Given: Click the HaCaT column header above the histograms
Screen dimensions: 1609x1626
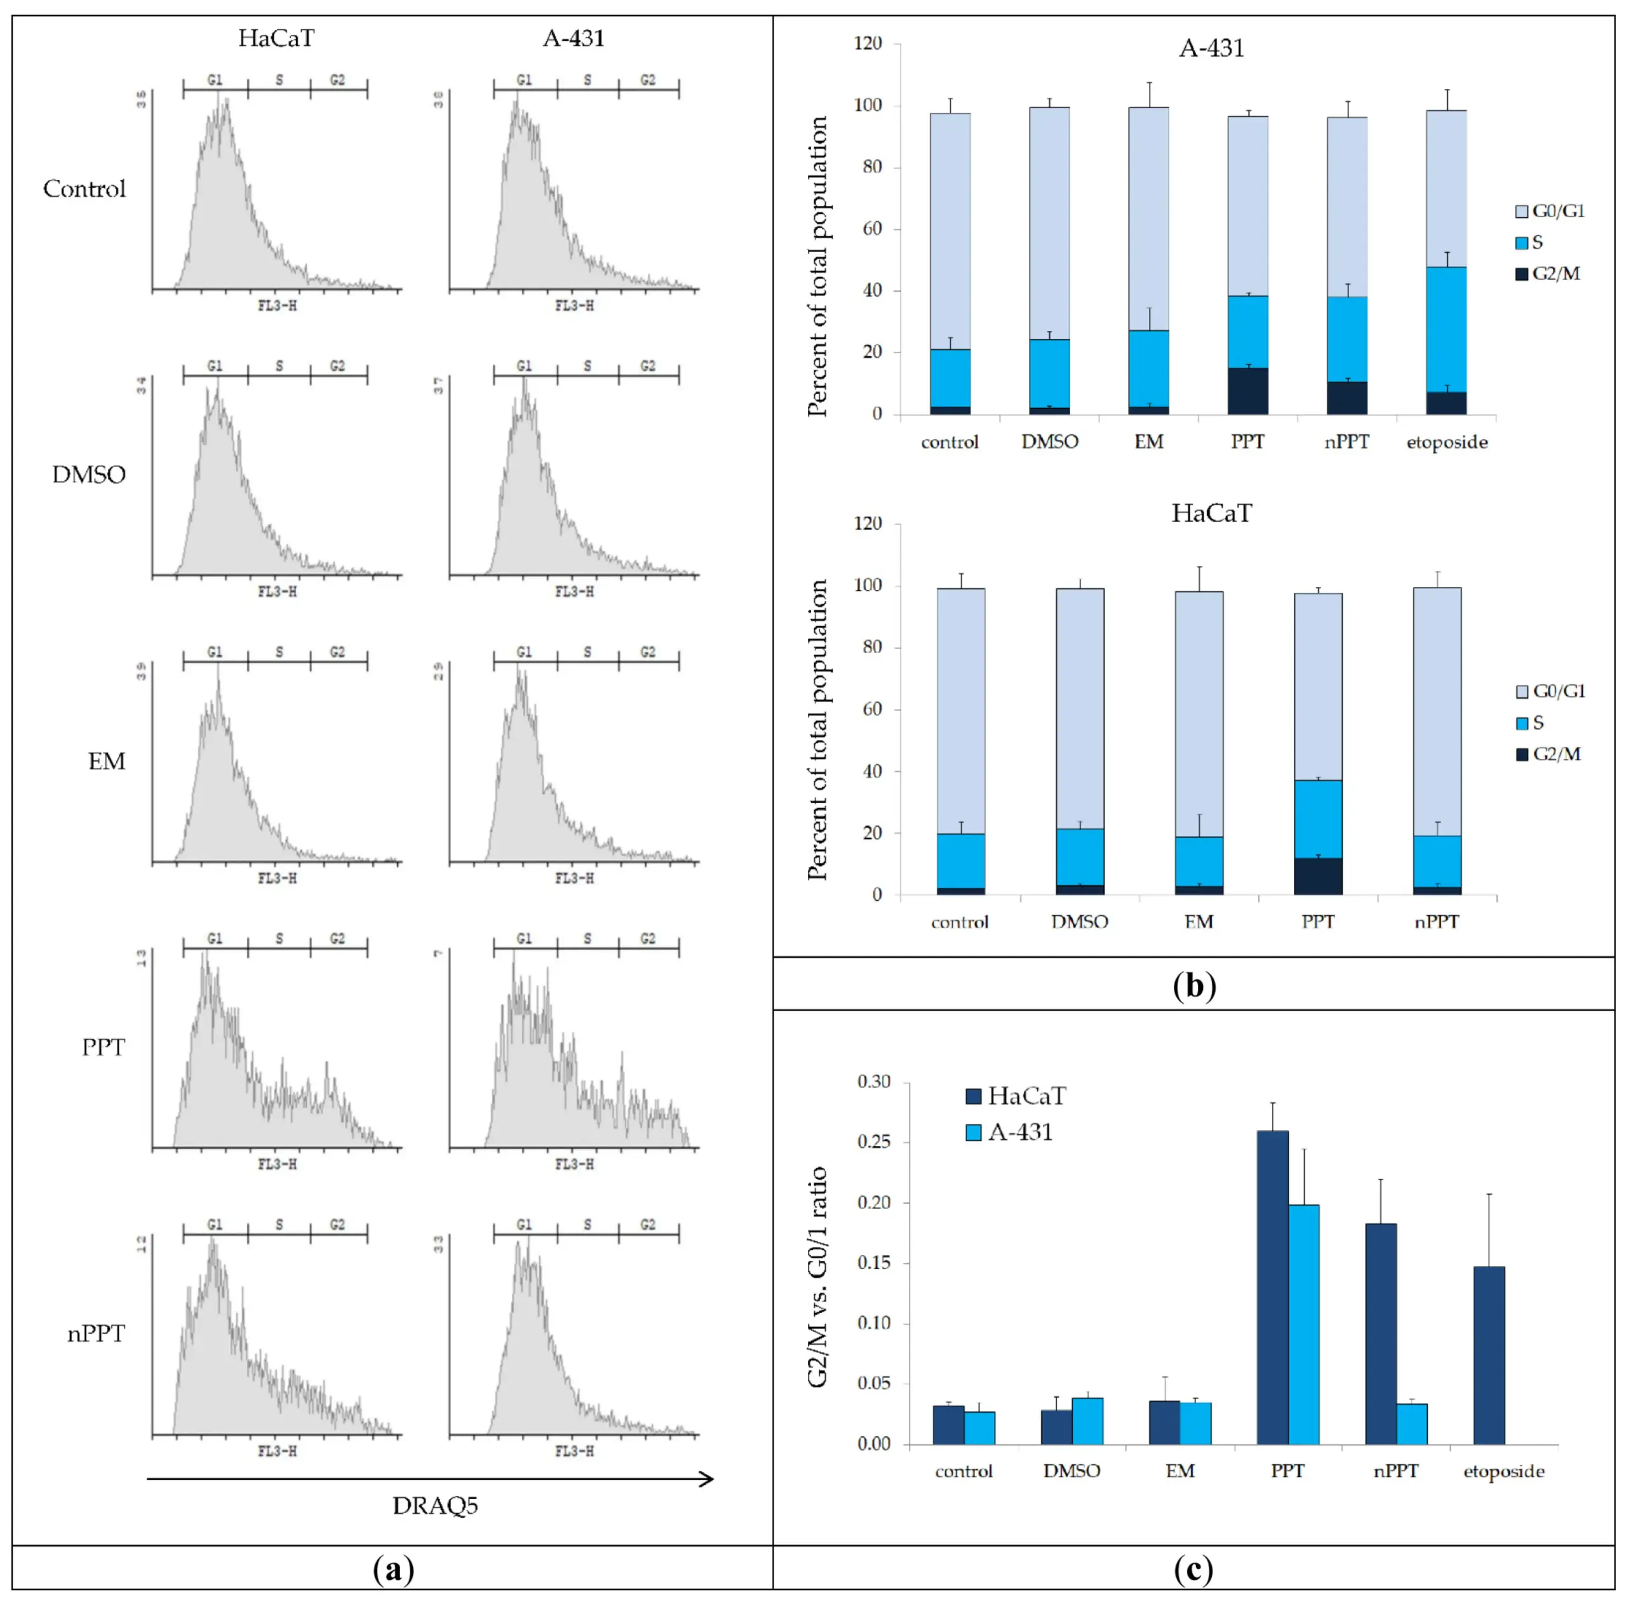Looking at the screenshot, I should tap(276, 39).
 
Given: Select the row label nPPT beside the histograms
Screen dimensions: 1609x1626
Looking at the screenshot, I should tap(96, 1334).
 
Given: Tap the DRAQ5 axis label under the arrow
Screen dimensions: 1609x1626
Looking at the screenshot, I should tap(434, 1505).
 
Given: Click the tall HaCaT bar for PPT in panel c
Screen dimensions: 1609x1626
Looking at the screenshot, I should tap(1272, 1288).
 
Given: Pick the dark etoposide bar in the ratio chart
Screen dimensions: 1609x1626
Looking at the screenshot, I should tap(1489, 1355).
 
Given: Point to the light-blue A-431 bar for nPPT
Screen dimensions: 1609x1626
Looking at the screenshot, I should tap(1411, 1424).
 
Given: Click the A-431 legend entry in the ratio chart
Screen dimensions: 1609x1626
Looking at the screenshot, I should tap(1010, 1133).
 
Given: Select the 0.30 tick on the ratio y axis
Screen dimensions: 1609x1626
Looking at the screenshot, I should tap(873, 1081).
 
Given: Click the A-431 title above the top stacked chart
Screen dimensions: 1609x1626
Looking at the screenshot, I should tap(1211, 48).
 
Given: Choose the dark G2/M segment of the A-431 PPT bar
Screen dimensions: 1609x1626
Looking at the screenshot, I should tap(1247, 391).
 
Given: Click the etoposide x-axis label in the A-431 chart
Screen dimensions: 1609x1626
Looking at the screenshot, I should tap(1447, 443).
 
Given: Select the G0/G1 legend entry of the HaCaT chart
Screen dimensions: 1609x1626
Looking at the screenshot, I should tap(1550, 691).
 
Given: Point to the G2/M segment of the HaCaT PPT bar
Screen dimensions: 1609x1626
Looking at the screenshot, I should tap(1318, 876).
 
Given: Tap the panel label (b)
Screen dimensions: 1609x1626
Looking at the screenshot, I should tap(1193, 985).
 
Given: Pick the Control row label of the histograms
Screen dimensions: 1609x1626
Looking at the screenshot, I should tap(84, 189).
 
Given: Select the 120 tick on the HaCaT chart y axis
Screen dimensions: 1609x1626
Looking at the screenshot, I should tap(868, 523).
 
